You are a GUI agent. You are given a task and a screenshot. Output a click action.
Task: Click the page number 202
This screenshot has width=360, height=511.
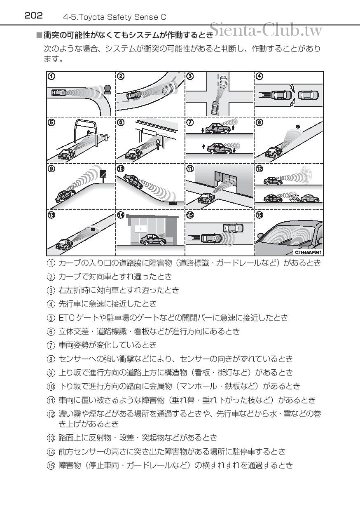(x=33, y=16)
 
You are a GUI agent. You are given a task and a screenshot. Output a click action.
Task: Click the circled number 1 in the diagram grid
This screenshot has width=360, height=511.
(x=51, y=76)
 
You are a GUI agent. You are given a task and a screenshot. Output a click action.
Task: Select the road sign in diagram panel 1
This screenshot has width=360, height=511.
(x=107, y=89)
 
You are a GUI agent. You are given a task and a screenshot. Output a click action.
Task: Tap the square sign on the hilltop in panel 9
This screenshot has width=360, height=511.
(x=103, y=174)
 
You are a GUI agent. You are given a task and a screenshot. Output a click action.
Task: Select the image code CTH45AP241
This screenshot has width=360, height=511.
(x=308, y=252)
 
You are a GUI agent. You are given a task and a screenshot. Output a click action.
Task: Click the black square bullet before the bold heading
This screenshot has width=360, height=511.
(x=39, y=35)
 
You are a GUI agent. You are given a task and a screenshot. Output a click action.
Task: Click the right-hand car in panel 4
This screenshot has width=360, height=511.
(x=308, y=96)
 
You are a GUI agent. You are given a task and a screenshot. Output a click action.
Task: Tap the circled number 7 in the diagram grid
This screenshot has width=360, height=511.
(x=190, y=122)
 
